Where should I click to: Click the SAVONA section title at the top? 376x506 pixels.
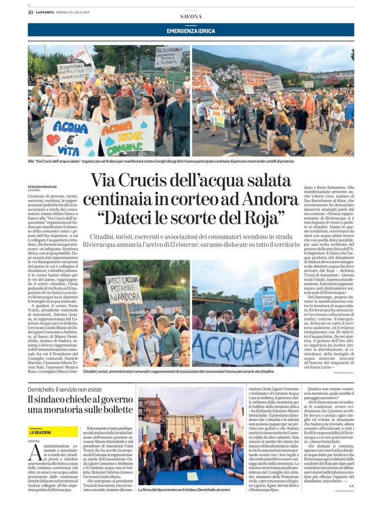point(191,16)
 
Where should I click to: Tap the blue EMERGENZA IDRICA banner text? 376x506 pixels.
point(191,31)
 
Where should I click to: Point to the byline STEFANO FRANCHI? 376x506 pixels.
point(42,186)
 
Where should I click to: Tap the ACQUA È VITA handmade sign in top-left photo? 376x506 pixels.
point(71,137)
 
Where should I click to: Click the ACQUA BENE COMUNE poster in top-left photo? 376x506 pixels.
point(126,134)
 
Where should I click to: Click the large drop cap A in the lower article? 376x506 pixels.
point(34,452)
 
